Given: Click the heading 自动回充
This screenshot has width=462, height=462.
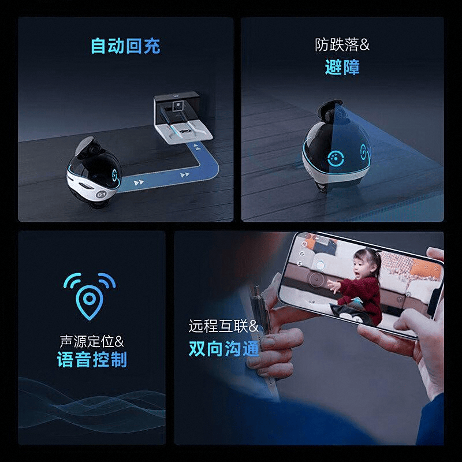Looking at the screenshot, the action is coord(125,46).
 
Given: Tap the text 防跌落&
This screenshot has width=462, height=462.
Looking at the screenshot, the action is coord(342,45).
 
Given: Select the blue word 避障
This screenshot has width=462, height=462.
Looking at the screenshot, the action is coord(342,67).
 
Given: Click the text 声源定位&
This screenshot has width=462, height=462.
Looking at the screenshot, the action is coord(92,341).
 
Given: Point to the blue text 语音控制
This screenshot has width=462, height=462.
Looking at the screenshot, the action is coord(92,359).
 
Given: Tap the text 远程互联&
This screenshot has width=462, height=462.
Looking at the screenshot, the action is coord(223,326).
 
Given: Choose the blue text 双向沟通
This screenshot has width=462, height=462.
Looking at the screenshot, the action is coord(223,349).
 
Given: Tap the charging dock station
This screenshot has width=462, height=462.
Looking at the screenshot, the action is coord(182,118).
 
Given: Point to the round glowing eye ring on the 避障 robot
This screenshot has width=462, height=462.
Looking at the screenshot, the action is coord(336,158).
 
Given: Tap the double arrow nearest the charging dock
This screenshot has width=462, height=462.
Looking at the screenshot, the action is coord(196,147).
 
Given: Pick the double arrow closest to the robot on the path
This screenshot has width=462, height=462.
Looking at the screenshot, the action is coord(139,182).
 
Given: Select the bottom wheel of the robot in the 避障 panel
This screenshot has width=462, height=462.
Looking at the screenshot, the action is coord(323,187).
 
